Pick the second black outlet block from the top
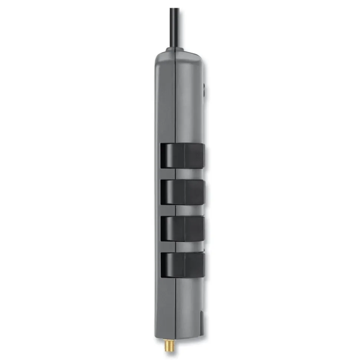click(x=182, y=192)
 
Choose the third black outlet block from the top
click(x=182, y=228)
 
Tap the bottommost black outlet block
click(x=182, y=265)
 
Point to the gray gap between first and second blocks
click(x=186, y=173)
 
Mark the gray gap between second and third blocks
click(x=186, y=210)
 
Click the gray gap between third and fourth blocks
click(x=186, y=247)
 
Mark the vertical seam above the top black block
click(x=175, y=100)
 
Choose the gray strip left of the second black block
click(x=158, y=192)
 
